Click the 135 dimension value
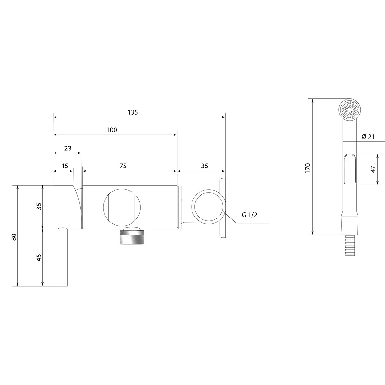pos(133,112)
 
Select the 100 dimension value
pos(112,130)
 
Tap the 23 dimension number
pos(68,148)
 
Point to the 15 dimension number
pos(65,166)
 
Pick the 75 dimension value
pos(123,166)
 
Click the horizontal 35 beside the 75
pos(205,166)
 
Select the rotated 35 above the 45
pos(39,206)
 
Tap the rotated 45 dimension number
pos(39,258)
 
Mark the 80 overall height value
pos(14,237)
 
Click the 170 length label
pos(308,168)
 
